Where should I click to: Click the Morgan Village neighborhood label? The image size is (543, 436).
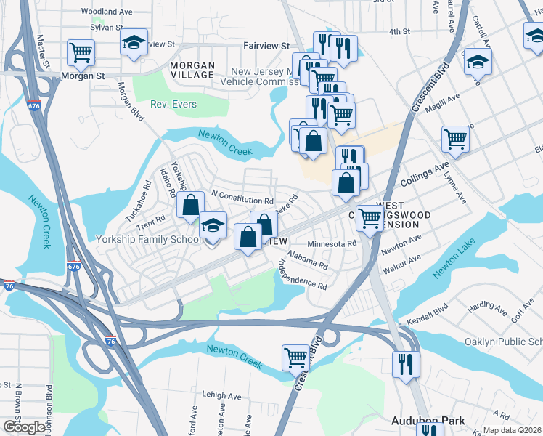[x=192, y=70]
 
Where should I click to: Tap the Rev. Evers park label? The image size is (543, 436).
[x=173, y=105]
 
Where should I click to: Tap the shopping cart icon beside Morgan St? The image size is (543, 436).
[x=81, y=52]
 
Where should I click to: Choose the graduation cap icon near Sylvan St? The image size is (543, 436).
[x=134, y=42]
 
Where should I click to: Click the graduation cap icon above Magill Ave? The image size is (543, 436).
[x=478, y=60]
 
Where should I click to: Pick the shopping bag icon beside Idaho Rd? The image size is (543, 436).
[x=190, y=206]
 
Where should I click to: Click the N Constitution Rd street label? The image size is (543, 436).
[x=242, y=196]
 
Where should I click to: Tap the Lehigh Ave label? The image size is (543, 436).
[x=222, y=396]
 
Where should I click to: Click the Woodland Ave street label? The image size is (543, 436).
[x=106, y=12]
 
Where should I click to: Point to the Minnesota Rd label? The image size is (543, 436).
[x=332, y=243]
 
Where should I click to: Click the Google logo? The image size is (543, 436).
[x=23, y=427]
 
